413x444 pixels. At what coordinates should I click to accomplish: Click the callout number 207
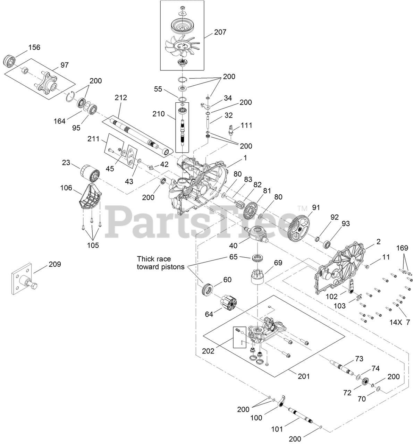[x=220, y=32]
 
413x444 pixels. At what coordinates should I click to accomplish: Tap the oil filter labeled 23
[x=90, y=172]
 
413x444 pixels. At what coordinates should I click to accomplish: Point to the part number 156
[x=34, y=48]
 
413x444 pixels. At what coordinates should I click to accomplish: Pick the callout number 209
[x=54, y=264]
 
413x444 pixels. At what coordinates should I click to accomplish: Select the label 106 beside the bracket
[x=66, y=188]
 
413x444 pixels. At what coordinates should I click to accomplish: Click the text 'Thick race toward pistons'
[x=154, y=263]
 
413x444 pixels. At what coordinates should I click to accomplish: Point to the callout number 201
[x=303, y=376]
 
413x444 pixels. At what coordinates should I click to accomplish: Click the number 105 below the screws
[x=93, y=245]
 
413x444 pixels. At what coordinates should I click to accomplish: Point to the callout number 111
[x=246, y=125]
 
